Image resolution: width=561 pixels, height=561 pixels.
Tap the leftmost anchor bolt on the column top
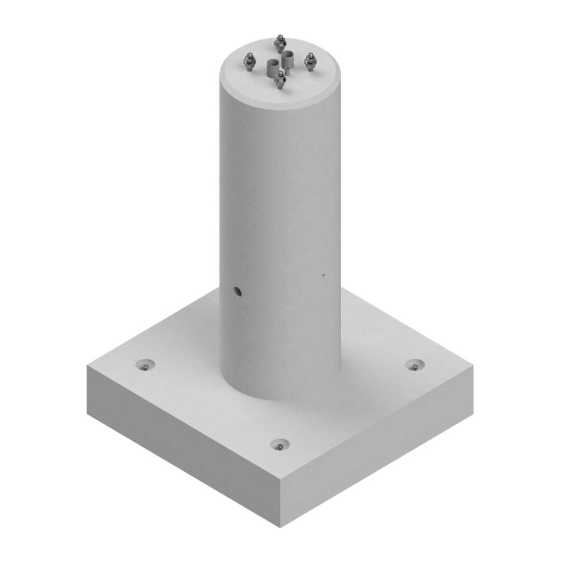tap(249, 62)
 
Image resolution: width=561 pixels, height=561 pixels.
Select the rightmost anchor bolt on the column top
tap(310, 62)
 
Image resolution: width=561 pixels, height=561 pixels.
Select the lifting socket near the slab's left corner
tap(145, 365)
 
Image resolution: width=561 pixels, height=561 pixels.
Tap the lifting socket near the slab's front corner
tap(279, 445)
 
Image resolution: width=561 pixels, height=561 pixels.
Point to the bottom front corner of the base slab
tap(280, 527)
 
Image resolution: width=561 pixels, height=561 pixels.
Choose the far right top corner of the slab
tap(473, 366)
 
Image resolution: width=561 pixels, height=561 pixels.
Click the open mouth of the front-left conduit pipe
tap(271, 64)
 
